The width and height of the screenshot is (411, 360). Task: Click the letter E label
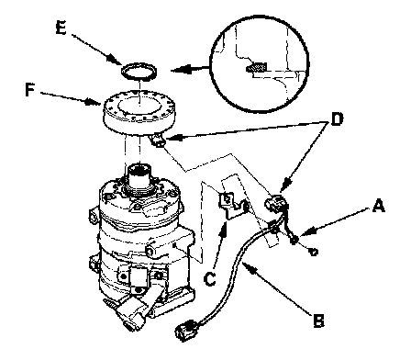61,28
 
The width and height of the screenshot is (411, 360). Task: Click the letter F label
29,90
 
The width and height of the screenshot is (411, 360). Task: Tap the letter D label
337,119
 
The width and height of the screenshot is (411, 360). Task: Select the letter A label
378,206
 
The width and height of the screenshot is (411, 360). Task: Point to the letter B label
318,321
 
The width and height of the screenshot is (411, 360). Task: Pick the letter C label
210,278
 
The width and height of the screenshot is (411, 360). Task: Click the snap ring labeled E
139,73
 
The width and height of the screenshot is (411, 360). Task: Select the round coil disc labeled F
139,114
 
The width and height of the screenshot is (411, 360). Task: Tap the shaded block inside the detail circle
257,67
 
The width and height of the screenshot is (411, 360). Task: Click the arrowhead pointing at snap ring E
115,60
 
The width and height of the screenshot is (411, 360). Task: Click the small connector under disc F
158,141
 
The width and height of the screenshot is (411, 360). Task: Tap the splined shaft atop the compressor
139,180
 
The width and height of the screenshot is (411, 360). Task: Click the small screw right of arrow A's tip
313,252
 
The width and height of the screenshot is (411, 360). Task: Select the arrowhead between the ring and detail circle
181,70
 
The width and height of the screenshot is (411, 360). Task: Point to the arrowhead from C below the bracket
225,230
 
